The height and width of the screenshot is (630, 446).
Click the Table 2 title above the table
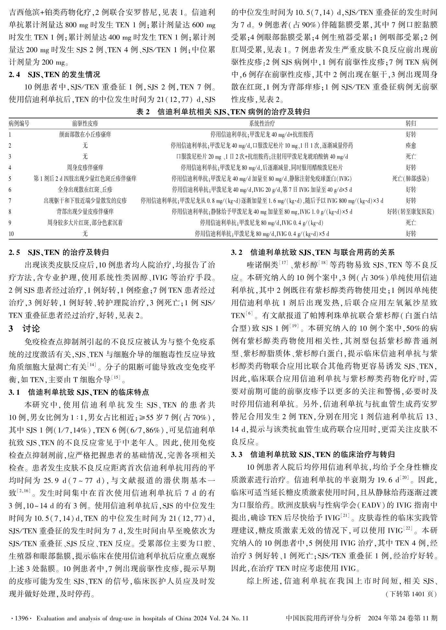click(223, 112)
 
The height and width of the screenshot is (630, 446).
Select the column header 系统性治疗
click(262, 123)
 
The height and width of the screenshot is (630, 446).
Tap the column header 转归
click(411, 123)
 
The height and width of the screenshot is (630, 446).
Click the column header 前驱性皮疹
click(85, 123)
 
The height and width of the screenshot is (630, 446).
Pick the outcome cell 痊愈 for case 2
click(411, 145)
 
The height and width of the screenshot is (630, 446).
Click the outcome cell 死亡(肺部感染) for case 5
click(411, 179)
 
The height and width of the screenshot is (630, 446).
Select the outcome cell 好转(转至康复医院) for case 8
click(411, 212)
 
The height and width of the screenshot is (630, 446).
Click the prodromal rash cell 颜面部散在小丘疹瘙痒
click(85, 134)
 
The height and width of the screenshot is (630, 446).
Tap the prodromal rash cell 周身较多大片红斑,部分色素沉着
click(85, 223)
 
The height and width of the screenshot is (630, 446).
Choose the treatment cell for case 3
click(262, 157)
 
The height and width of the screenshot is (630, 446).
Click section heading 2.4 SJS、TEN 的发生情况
click(54, 75)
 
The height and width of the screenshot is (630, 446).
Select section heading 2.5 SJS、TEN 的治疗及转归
click(59, 252)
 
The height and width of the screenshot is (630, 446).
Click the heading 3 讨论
click(25, 329)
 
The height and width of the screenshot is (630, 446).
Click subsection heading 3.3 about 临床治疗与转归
click(313, 454)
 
